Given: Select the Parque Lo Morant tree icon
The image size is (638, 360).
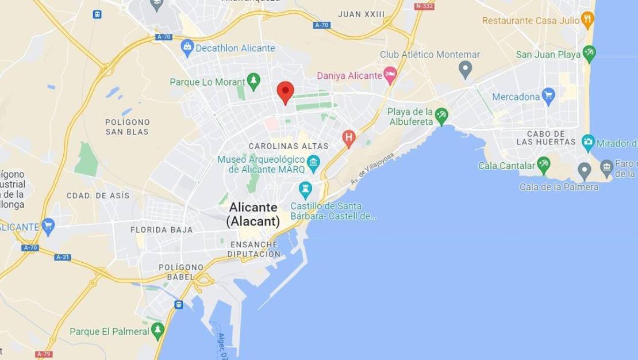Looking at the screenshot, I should point(253,81).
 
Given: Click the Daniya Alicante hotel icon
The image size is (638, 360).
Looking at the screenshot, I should point(390,74).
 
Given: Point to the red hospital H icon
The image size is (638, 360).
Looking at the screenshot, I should point(348,137).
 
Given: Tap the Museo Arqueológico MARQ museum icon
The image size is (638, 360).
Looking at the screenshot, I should point(313,162).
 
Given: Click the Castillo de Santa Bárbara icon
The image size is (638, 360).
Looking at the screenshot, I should point(305,188).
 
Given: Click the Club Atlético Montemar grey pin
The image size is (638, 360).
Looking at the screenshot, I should point(466,70).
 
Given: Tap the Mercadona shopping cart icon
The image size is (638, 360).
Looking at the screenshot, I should point(548,95).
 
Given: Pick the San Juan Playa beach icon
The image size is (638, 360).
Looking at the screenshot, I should point(589,53).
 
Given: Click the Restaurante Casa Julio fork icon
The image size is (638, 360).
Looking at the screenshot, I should point(587,20).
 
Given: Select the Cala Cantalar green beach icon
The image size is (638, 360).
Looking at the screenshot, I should point(543,164).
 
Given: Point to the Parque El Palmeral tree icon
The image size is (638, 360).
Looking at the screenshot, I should point(157,330).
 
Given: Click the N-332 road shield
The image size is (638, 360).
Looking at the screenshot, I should point(424,6).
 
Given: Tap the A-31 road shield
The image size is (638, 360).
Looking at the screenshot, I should point(63,257).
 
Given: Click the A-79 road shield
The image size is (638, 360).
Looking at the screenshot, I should point(44,354).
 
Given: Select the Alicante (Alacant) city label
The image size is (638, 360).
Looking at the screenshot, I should point(253,214).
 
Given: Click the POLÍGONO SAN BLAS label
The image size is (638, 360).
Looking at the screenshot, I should point(128,127).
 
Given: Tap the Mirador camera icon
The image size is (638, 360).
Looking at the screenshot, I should point(588,142).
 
